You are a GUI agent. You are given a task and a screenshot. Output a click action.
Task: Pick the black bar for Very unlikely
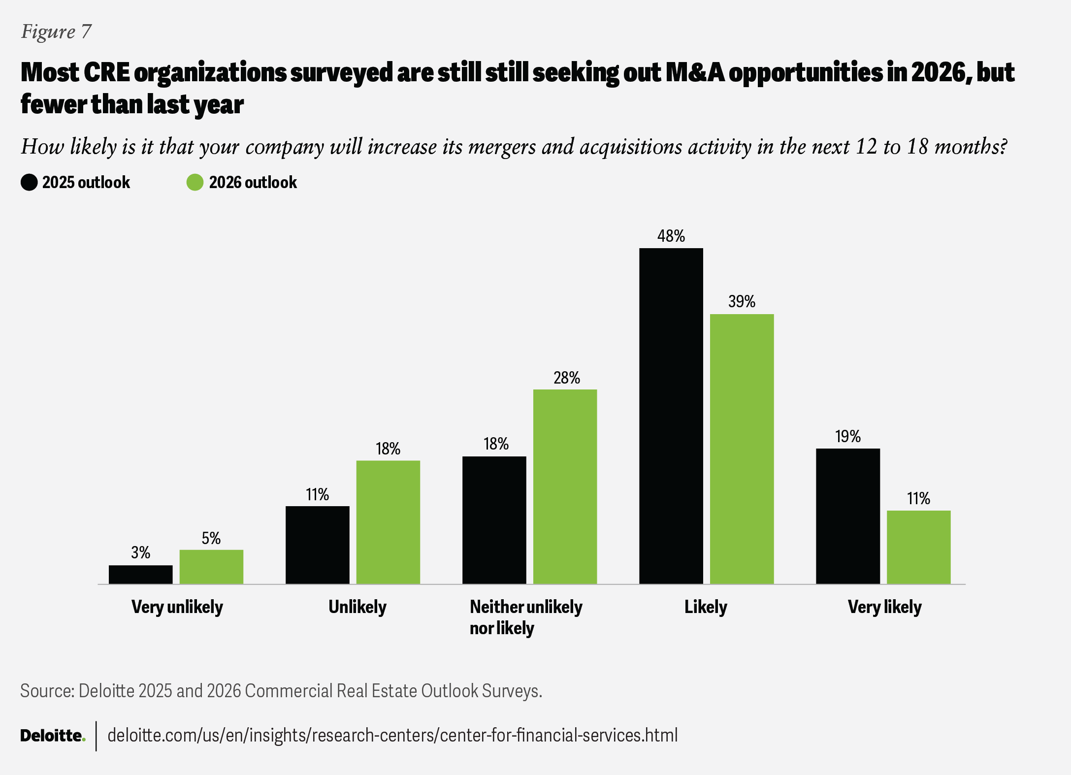point(140,575)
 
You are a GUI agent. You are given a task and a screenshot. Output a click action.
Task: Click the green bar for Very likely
point(918,547)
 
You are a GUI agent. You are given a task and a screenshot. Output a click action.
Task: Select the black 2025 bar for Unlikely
point(317,545)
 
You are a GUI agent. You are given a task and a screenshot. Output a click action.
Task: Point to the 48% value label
point(671,236)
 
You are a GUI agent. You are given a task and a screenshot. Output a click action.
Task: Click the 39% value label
point(742,302)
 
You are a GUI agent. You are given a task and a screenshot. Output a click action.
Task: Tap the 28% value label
point(566,378)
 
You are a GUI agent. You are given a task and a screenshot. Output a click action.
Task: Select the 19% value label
point(847,437)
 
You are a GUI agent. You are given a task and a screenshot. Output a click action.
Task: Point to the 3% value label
point(140,553)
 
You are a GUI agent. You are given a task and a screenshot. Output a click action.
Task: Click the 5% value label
point(211,539)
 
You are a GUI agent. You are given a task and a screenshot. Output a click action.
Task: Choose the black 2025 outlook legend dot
point(29,182)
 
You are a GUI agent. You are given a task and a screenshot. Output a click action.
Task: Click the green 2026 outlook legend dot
point(195,182)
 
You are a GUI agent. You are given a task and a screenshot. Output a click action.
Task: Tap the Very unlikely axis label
point(177,607)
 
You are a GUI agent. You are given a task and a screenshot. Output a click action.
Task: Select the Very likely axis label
point(884,607)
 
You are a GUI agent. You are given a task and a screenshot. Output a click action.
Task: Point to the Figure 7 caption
point(56,32)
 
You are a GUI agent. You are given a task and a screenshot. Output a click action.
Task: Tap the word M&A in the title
point(695,73)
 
